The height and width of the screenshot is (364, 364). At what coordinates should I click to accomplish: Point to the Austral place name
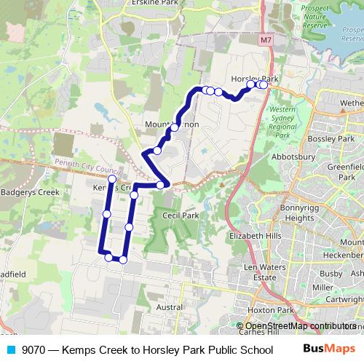[170, 307]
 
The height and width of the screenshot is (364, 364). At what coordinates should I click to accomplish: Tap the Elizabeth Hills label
[255, 237]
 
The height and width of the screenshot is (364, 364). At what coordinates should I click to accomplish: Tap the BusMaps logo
[329, 349]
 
